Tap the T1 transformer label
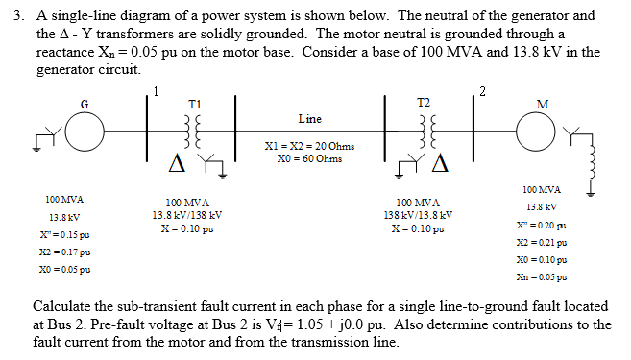[195, 105]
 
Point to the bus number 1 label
[153, 91]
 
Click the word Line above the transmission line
[309, 119]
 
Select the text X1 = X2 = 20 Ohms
[308, 146]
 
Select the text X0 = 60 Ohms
[308, 158]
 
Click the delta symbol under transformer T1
[180, 169]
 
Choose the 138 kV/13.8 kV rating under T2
[419, 216]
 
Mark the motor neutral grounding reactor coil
[592, 168]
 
